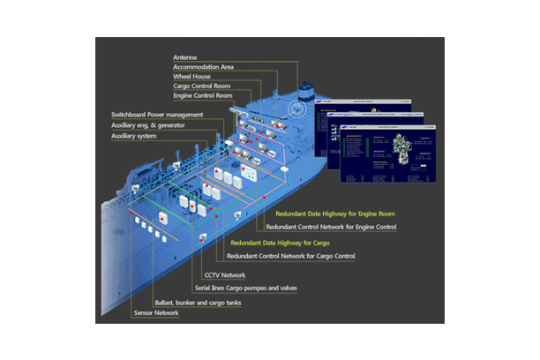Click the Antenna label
click(x=185, y=56)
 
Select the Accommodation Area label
click(x=204, y=66)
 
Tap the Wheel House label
click(x=191, y=76)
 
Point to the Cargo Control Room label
click(x=202, y=86)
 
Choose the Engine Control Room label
click(x=204, y=95)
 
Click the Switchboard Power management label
click(x=157, y=115)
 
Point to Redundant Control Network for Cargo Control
click(x=291, y=256)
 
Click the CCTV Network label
click(x=225, y=275)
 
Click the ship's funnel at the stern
click(x=308, y=90)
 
